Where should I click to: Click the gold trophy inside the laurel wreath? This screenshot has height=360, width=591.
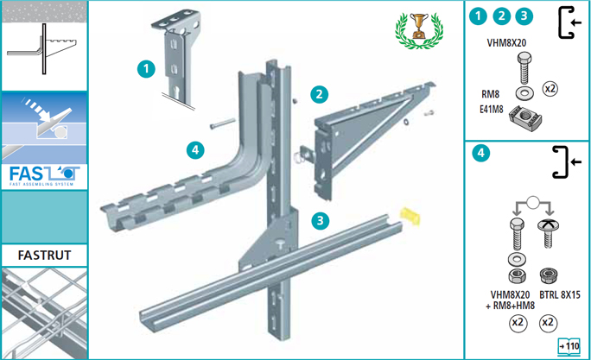click(x=419, y=26)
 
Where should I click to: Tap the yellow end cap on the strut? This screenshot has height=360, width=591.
click(x=410, y=216)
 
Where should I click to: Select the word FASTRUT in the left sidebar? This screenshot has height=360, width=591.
click(x=44, y=256)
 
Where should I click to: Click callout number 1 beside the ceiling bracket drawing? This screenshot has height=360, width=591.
click(x=146, y=69)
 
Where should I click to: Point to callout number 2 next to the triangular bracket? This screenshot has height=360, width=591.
click(x=319, y=94)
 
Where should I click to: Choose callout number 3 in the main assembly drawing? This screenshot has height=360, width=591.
click(x=320, y=220)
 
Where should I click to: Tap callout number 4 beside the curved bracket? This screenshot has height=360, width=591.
click(x=195, y=150)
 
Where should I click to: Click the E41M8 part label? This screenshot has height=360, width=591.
click(x=491, y=109)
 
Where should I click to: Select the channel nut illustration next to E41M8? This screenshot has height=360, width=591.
click(x=525, y=118)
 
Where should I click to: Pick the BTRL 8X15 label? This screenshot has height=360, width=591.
click(x=560, y=294)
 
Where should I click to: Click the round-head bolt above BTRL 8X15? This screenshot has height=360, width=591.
click(x=548, y=233)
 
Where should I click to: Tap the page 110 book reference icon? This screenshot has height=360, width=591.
click(x=569, y=346)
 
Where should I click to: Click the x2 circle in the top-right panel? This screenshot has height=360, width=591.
click(x=550, y=89)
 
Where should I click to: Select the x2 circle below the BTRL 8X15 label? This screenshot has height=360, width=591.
click(x=548, y=323)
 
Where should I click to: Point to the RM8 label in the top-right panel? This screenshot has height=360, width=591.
click(x=490, y=94)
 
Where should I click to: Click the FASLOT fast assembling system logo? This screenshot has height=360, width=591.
click(x=44, y=175)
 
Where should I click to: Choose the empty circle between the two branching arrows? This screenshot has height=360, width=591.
click(x=532, y=203)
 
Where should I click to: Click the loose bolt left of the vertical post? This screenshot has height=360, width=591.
click(x=223, y=123)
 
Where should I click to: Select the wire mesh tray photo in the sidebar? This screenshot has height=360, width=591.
click(x=44, y=313)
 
